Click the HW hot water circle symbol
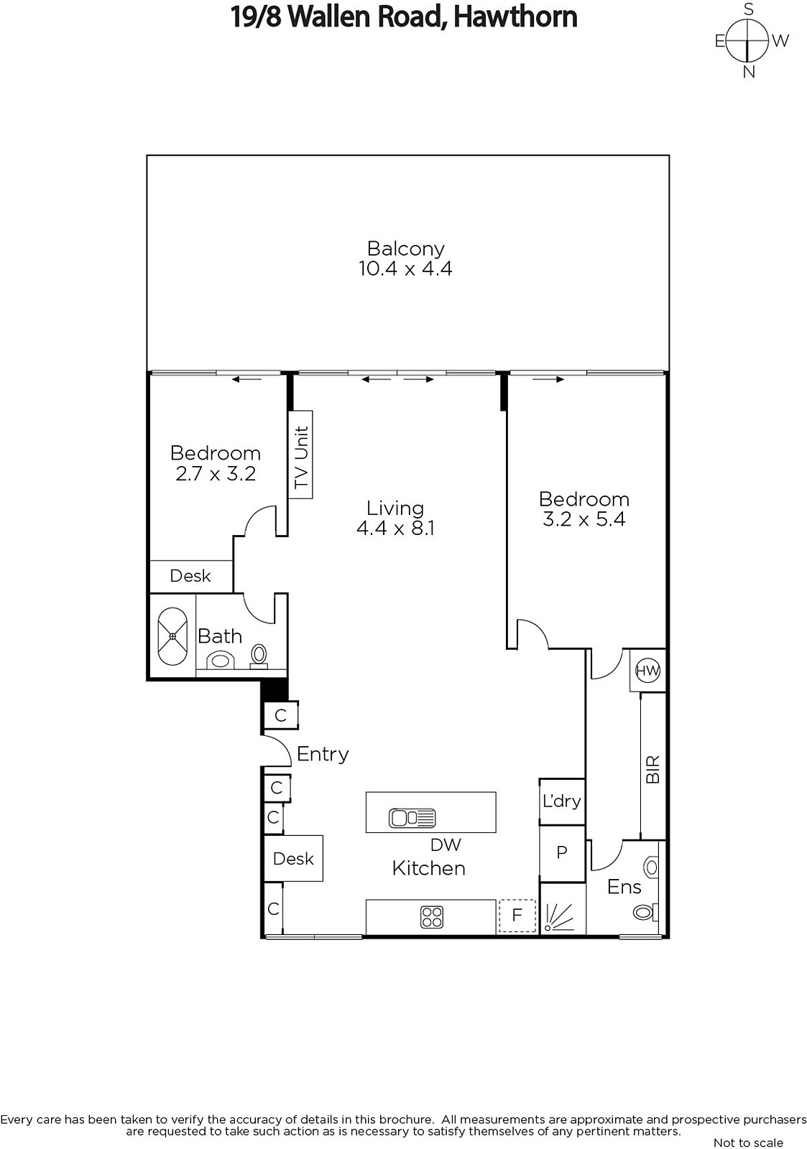(x=647, y=670)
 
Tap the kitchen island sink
(x=412, y=818)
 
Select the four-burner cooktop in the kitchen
(x=432, y=917)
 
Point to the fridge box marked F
(x=517, y=916)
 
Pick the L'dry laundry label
(x=562, y=801)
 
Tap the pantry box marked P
(x=562, y=852)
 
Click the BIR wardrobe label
(x=652, y=769)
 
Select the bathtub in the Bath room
(x=172, y=636)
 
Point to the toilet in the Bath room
(x=259, y=656)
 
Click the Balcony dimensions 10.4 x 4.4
(x=405, y=269)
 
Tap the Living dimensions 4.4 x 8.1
(x=395, y=528)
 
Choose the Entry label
(x=323, y=755)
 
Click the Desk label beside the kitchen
(x=293, y=859)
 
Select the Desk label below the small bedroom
(x=190, y=576)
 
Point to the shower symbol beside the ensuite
(x=562, y=916)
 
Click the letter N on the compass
(x=749, y=73)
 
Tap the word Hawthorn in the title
(x=515, y=17)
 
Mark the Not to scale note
(x=748, y=1143)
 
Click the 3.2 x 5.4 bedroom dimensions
(x=584, y=519)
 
